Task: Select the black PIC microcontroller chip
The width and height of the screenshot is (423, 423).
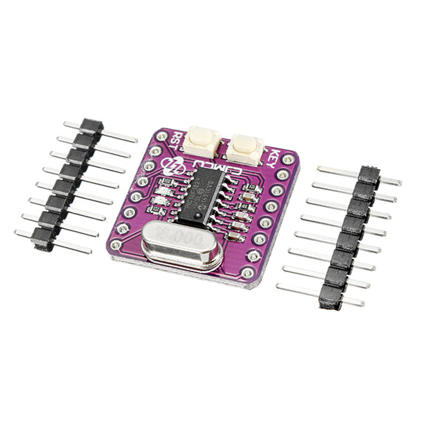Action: pos(198,193)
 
